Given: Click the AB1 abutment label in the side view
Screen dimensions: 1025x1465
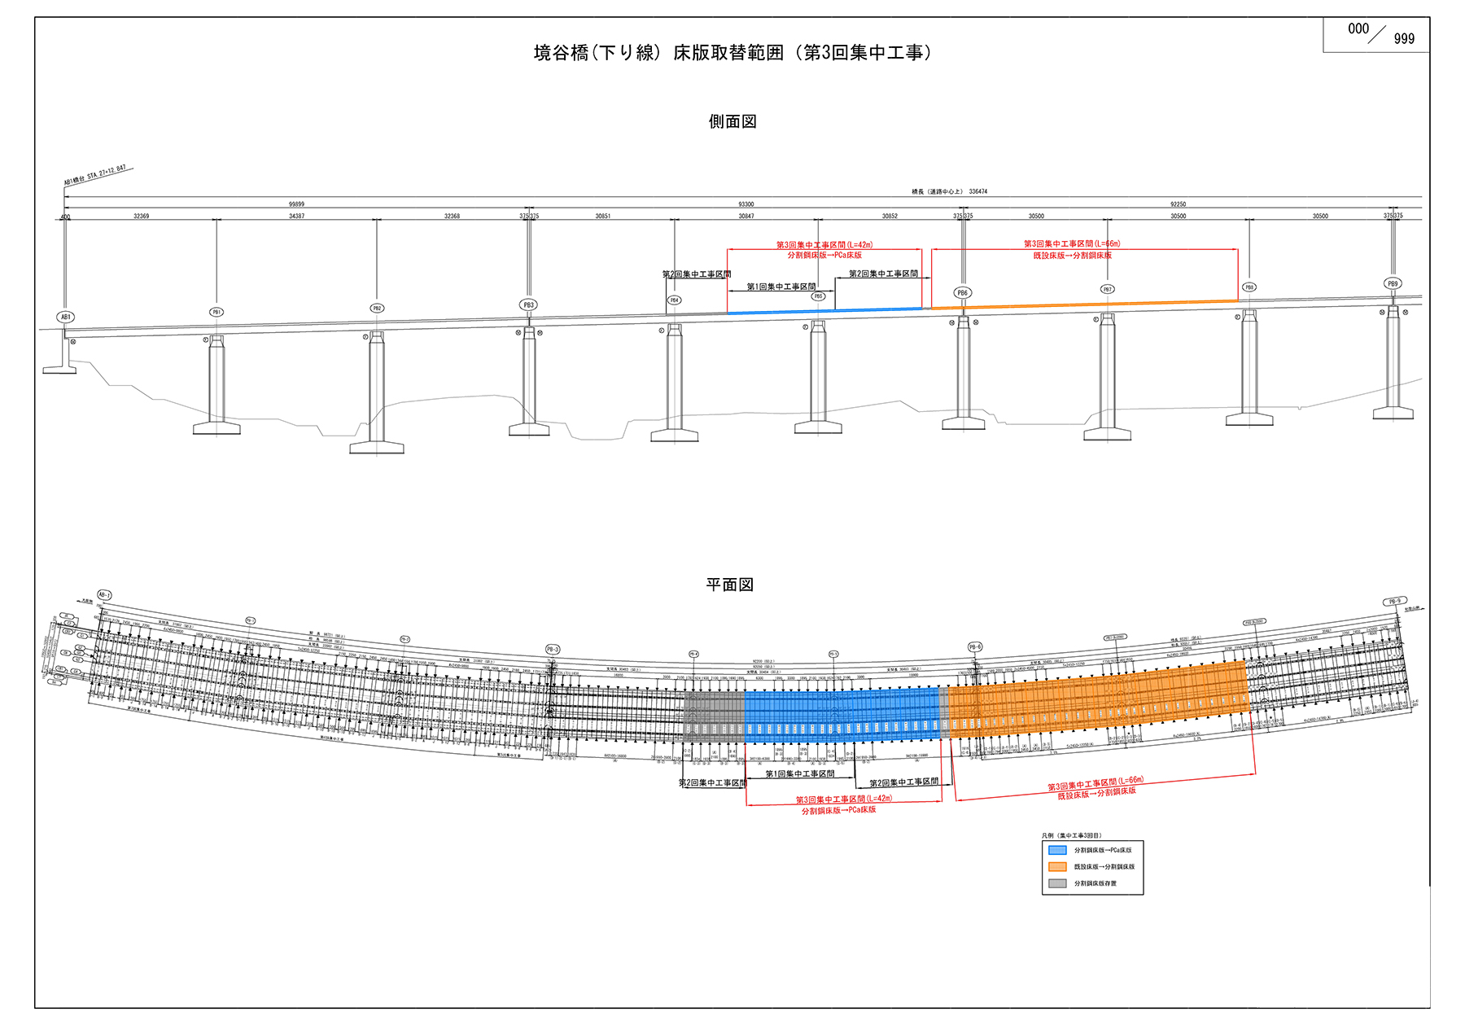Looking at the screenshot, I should (66, 317).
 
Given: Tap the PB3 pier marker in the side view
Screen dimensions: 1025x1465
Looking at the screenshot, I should (528, 304).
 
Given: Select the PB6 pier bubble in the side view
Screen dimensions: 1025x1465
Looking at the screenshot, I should (962, 292).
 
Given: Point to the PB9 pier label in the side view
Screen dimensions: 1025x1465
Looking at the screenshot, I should (1393, 283).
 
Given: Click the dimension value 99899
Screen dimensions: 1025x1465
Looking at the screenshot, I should (296, 204).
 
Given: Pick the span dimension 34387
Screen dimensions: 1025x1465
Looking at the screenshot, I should (296, 216).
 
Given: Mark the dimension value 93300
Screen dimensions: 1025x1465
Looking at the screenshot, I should (746, 204).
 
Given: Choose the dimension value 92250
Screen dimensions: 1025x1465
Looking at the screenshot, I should (1178, 204).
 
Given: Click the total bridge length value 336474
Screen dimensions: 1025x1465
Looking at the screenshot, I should (977, 192).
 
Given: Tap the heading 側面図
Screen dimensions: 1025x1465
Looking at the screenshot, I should (732, 121).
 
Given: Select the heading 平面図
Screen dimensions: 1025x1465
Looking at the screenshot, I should (729, 585).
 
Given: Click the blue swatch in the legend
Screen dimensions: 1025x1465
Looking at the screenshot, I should (1057, 850).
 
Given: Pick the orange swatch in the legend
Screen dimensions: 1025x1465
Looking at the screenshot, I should (1057, 866).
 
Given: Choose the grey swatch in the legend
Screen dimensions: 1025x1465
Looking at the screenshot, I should (1057, 883).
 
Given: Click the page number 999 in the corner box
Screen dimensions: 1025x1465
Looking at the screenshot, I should (1404, 39).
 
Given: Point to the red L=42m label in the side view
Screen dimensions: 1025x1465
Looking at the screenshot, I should (824, 245).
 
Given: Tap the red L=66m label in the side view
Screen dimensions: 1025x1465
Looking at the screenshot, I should (1072, 244).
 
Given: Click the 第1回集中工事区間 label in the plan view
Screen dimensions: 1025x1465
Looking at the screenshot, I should (799, 773).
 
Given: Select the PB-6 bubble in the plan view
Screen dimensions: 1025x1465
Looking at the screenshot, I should (975, 646).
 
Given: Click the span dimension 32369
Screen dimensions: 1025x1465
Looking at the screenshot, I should (141, 216).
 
